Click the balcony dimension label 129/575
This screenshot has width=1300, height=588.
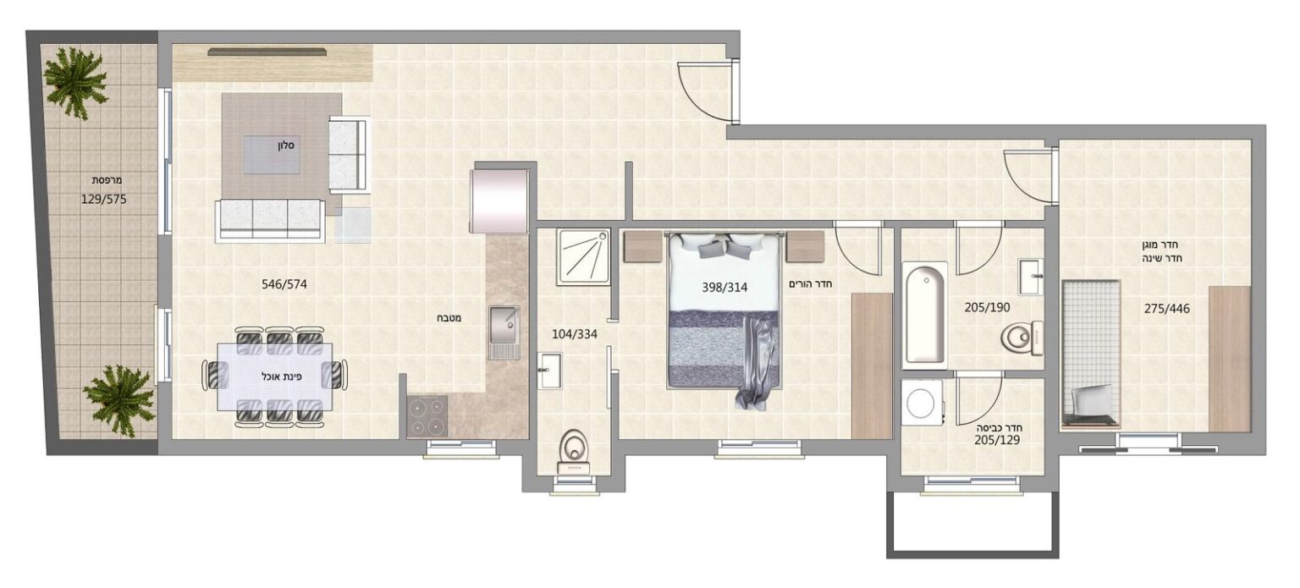click(x=104, y=200)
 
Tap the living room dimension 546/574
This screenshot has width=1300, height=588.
click(x=284, y=285)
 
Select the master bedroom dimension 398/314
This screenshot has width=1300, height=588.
click(x=724, y=287)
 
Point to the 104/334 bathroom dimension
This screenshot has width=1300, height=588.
click(x=575, y=334)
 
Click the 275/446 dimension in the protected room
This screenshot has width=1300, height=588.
click(x=1167, y=309)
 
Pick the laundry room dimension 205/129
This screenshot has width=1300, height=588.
click(x=997, y=440)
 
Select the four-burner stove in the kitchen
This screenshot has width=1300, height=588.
click(x=427, y=415)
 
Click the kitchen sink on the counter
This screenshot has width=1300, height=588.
click(x=504, y=332)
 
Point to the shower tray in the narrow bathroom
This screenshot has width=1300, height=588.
click(x=583, y=257)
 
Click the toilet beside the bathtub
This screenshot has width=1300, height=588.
click(x=1022, y=338)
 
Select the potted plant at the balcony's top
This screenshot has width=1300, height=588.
click(x=76, y=81)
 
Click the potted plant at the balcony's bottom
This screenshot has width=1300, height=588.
click(x=119, y=401)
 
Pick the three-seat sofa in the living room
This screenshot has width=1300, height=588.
click(x=270, y=220)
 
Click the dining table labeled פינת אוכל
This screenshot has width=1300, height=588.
click(x=275, y=377)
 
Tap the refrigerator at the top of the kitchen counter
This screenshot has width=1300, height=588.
click(x=499, y=201)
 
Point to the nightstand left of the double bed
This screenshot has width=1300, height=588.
click(x=643, y=247)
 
